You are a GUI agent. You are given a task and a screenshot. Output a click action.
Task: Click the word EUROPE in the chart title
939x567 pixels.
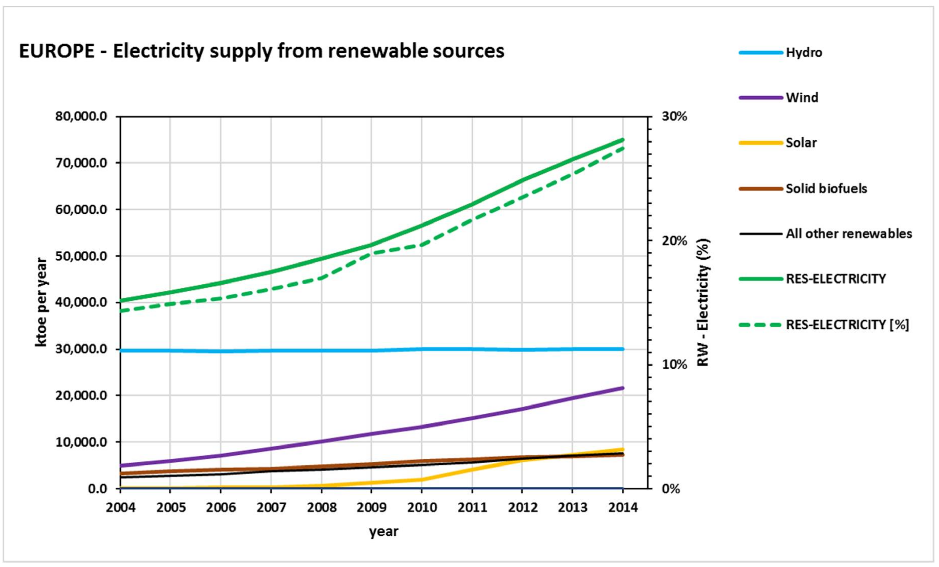pyautogui.click(x=57, y=51)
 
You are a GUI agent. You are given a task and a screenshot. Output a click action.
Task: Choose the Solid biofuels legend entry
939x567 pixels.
pyautogui.click(x=826, y=188)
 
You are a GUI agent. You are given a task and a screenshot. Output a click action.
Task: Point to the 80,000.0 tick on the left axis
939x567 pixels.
pyautogui.click(x=81, y=116)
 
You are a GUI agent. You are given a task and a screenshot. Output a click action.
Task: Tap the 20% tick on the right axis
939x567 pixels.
pyautogui.click(x=674, y=241)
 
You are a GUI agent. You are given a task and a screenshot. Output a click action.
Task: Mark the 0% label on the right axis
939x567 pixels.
pyautogui.click(x=671, y=489)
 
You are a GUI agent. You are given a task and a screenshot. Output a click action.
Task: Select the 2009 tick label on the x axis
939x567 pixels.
pyautogui.click(x=372, y=508)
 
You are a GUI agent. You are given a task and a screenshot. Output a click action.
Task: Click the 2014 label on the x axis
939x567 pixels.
pyautogui.click(x=623, y=508)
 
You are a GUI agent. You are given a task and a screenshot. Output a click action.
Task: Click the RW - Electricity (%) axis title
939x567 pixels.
pyautogui.click(x=703, y=302)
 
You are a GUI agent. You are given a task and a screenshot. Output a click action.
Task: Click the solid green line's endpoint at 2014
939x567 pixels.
pyautogui.click(x=623, y=139)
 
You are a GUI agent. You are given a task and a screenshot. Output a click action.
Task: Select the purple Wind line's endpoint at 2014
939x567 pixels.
pyautogui.click(x=623, y=388)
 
